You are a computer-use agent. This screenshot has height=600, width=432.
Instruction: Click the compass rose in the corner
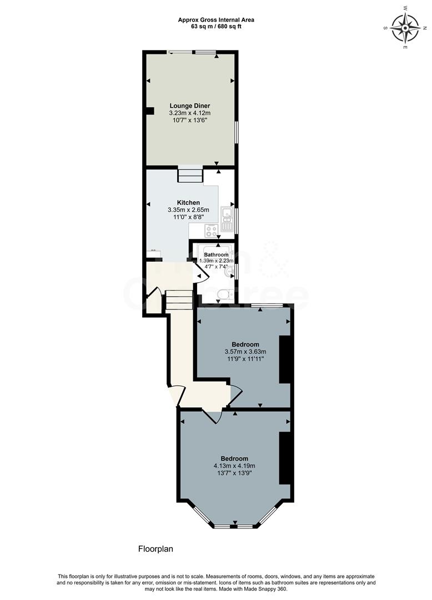pyautogui.click(x=405, y=28)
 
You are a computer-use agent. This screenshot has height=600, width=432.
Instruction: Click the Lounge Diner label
pyautogui.click(x=190, y=106)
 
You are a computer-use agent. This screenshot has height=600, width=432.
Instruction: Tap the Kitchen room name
pyautogui.click(x=188, y=202)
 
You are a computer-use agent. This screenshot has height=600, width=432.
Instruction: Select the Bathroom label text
pyautogui.click(x=216, y=255)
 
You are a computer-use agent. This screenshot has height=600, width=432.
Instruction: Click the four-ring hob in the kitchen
pyautogui.click(x=211, y=231)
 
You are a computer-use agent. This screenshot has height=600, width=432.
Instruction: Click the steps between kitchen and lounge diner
pyautogui.click(x=190, y=176)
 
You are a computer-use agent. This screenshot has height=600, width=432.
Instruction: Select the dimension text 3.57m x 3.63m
pyautogui.click(x=245, y=352)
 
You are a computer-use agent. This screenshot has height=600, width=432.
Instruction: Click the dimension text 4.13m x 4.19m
pyautogui.click(x=234, y=466)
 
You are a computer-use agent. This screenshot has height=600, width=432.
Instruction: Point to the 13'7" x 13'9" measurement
pyautogui.click(x=234, y=473)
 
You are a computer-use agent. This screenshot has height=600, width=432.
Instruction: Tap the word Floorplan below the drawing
pyautogui.click(x=155, y=549)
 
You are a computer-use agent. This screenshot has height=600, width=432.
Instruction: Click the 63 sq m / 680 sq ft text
pyautogui.click(x=216, y=26)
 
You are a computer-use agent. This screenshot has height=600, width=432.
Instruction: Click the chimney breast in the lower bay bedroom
pyautogui.click(x=285, y=458)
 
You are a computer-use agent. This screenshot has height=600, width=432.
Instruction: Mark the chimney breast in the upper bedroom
pyautogui.click(x=284, y=359)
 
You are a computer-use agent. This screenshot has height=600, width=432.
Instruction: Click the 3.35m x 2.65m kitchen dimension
pyautogui.click(x=188, y=210)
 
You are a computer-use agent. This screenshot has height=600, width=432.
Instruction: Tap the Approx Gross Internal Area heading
pyautogui.click(x=216, y=19)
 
